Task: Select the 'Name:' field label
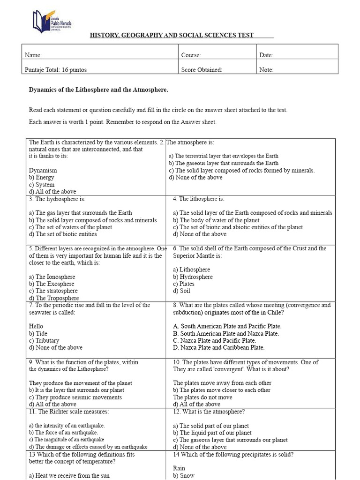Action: (33, 55)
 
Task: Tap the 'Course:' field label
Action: (191, 55)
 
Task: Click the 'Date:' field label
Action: (266, 55)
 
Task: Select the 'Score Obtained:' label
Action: (202, 70)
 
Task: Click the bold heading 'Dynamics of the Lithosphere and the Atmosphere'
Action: (98, 90)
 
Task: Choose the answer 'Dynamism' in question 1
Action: (43, 171)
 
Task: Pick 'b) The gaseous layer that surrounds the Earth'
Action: (224, 163)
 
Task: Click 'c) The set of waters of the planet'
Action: (70, 227)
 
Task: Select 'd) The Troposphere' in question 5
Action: (53, 298)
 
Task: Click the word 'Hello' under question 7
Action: (36, 326)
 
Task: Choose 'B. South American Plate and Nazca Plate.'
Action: (232, 334)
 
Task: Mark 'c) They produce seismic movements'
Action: (68, 397)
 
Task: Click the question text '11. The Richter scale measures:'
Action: (69, 412)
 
